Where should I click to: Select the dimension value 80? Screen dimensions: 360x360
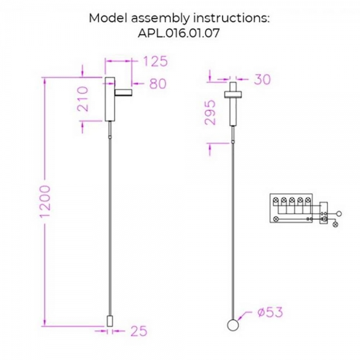[x=158, y=84]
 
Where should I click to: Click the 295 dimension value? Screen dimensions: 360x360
[x=210, y=111]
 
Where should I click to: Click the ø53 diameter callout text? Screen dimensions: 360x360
[x=268, y=313]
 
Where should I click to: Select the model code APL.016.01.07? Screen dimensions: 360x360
[x=179, y=34]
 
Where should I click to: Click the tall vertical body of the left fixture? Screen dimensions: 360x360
[x=110, y=99]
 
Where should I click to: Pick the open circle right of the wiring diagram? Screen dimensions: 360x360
[x=338, y=213]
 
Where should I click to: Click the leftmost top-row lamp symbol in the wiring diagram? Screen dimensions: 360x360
[x=277, y=201]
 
